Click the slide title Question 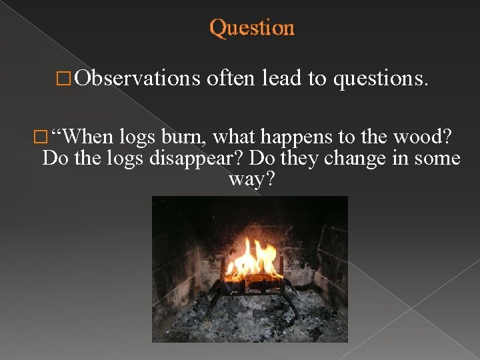coord(251,28)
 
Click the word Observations coord(137,79)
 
